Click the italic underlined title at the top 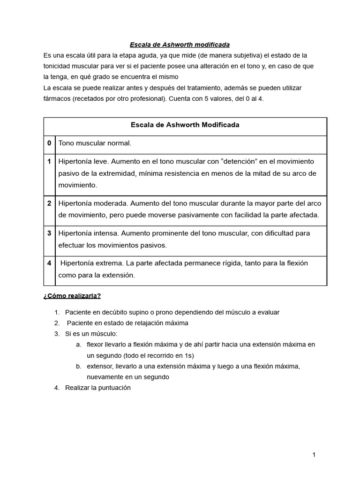(x=180, y=45)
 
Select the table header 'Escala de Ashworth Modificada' (x=185, y=125)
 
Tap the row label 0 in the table (x=49, y=143)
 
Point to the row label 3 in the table (x=49, y=233)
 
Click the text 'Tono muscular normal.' (x=95, y=143)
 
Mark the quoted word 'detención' (x=238, y=161)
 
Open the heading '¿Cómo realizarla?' (x=72, y=296)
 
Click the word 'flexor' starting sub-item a (x=96, y=345)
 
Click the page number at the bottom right (x=314, y=455)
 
